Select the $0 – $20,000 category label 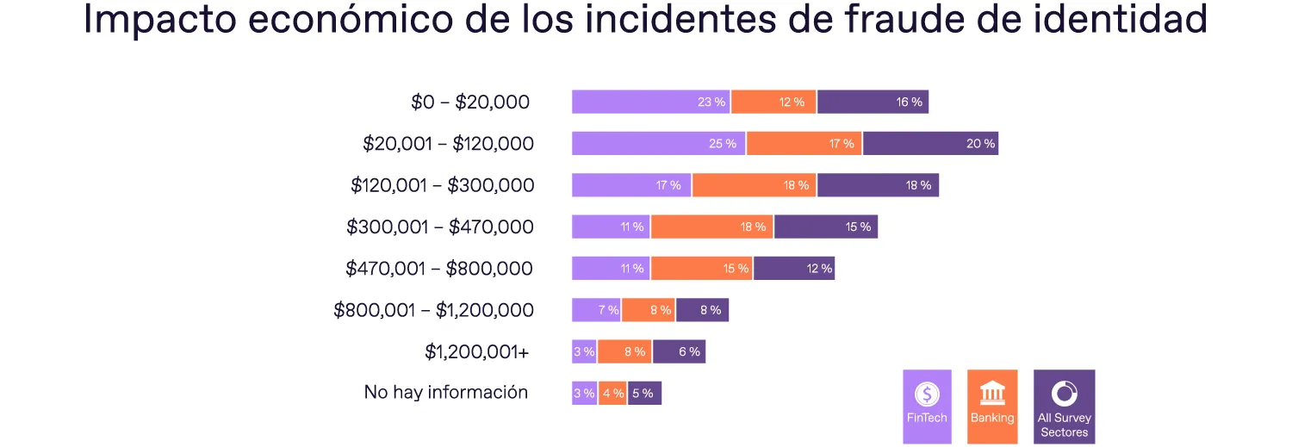[x=469, y=102]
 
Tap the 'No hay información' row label [x=445, y=393]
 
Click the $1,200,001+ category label [x=476, y=351]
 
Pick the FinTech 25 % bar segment [x=659, y=144]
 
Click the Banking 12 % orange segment [x=773, y=102]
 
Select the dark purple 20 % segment [x=930, y=144]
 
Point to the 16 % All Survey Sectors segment [x=873, y=102]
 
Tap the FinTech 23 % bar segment [x=650, y=102]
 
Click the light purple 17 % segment [x=631, y=185]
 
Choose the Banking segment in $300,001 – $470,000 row [x=712, y=227]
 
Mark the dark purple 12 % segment [x=794, y=268]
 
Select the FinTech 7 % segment [x=596, y=310]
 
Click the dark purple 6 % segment [x=679, y=351]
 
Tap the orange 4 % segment [x=612, y=393]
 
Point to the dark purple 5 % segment [x=644, y=393]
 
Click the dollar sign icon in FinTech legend [x=927, y=394]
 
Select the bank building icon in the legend [x=992, y=394]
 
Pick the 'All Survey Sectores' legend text [x=1064, y=425]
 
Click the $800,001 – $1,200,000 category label [x=433, y=310]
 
